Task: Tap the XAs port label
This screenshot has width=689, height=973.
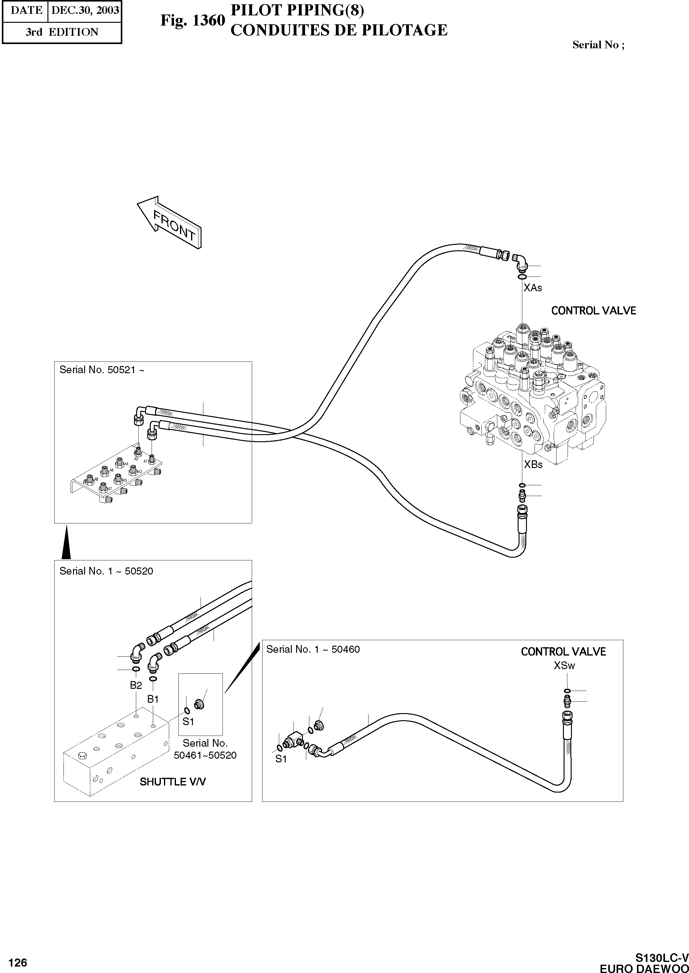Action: (x=532, y=288)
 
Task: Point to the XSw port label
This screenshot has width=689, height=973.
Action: (x=564, y=666)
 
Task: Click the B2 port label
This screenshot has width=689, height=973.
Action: (x=136, y=685)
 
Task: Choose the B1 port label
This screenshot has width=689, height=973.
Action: (x=153, y=699)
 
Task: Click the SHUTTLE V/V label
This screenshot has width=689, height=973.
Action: (x=173, y=782)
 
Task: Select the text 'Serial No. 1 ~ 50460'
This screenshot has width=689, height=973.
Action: (x=313, y=649)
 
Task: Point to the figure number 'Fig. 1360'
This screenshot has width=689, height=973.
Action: (x=192, y=20)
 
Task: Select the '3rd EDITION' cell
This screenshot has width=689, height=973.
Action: (x=62, y=32)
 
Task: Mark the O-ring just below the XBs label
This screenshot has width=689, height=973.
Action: (x=522, y=485)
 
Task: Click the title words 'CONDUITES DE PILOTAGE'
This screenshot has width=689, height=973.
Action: (x=339, y=30)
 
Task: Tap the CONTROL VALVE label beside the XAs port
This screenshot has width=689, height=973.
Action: (x=593, y=311)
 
